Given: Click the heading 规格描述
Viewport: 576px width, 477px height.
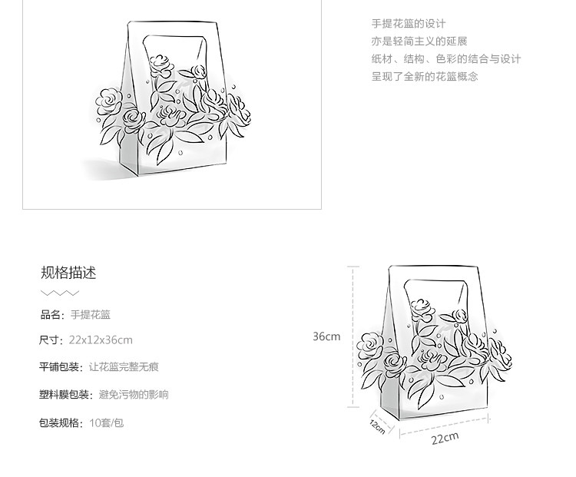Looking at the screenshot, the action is pyautogui.click(x=68, y=273).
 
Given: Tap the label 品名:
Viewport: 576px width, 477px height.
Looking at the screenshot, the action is pyautogui.click(x=53, y=314).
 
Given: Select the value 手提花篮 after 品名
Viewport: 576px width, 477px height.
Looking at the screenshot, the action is pyautogui.click(x=91, y=314).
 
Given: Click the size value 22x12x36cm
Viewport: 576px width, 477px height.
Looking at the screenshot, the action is pyautogui.click(x=101, y=340).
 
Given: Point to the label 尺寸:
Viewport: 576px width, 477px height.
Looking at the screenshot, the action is pyautogui.click(x=51, y=340).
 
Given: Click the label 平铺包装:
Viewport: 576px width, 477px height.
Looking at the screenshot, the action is pyautogui.click(x=61, y=367).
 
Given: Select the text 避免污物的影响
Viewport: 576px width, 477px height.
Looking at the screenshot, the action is pyautogui.click(x=134, y=395).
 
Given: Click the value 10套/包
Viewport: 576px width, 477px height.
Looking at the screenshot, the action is pyautogui.click(x=106, y=422).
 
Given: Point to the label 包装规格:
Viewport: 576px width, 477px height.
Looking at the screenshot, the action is pyautogui.click(x=61, y=422).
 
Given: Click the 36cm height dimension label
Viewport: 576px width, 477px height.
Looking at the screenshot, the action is pyautogui.click(x=326, y=336).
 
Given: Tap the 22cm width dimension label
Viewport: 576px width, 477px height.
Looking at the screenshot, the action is pyautogui.click(x=445, y=438).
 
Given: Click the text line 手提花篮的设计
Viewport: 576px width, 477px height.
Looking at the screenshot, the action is pyautogui.click(x=408, y=24).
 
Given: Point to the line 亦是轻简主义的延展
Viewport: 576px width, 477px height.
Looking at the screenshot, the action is pyautogui.click(x=419, y=41).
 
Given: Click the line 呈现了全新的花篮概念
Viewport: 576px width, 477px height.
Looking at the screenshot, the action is pyautogui.click(x=425, y=76).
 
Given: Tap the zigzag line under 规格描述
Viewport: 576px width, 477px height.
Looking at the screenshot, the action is pyautogui.click(x=60, y=293).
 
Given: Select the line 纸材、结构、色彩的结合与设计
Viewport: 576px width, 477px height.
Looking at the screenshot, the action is pyautogui.click(x=446, y=59).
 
